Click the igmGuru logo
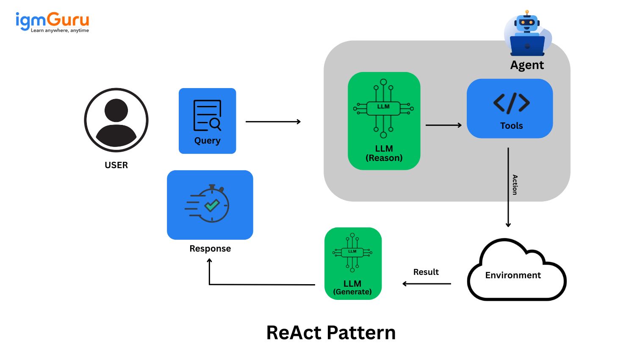tap(52, 22)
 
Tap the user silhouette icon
tap(116, 120)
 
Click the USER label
tap(116, 165)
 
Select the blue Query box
tap(207, 121)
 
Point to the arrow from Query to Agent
tap(273, 122)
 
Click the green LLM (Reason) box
tap(384, 121)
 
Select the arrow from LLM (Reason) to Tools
tap(443, 125)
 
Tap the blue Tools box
tap(510, 109)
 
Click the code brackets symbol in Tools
tap(511, 103)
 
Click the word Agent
tap(527, 65)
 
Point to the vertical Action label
tap(515, 185)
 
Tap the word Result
tap(426, 272)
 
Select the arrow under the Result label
tap(427, 284)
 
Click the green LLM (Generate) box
tap(353, 263)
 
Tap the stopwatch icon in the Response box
tap(208, 204)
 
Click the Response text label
tap(210, 249)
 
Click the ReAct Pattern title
tap(331, 333)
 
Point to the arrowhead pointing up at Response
tap(209, 261)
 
